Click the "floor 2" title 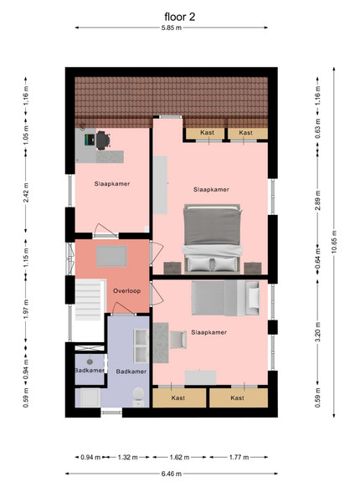point(180,17)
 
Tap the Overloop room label point(126,291)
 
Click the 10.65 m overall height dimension point(334,242)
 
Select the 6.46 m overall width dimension point(172,474)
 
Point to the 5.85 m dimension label point(172,28)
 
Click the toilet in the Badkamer point(138,397)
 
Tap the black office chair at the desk point(103,141)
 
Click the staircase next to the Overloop point(89,300)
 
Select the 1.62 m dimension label point(179,457)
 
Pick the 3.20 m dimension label point(318,333)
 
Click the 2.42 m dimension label point(26,192)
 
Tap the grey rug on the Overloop point(111,256)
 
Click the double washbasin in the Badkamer point(141,346)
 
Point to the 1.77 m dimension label point(239,457)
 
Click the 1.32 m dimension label point(128,457)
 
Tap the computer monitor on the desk point(90,140)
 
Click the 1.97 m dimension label point(26,309)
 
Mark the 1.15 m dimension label point(26,258)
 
